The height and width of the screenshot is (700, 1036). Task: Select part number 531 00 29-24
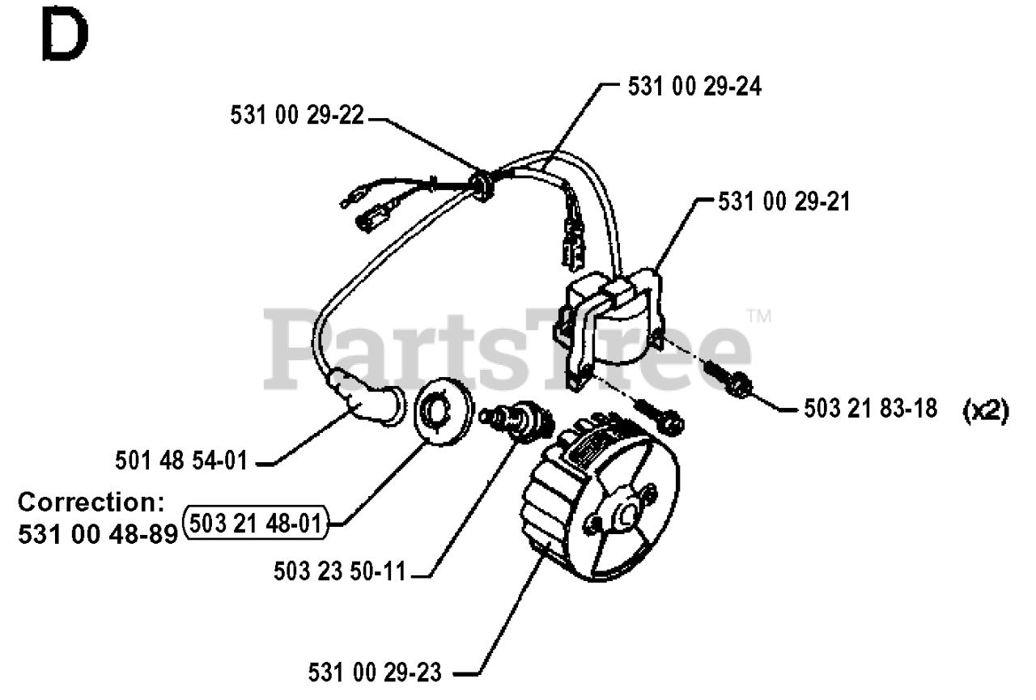(x=694, y=87)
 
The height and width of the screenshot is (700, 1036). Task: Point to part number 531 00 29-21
(x=784, y=202)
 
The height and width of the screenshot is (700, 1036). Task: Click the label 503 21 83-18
(x=870, y=409)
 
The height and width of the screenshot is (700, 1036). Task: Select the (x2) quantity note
(x=984, y=411)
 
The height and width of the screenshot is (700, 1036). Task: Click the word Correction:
(x=91, y=502)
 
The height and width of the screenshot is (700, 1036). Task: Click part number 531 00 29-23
(x=375, y=672)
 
